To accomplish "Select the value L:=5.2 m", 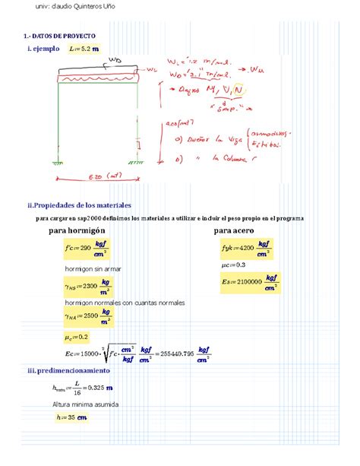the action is tap(83, 49).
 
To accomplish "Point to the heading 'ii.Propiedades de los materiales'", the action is tap(79, 205).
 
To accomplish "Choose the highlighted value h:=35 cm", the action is tap(71, 417).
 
